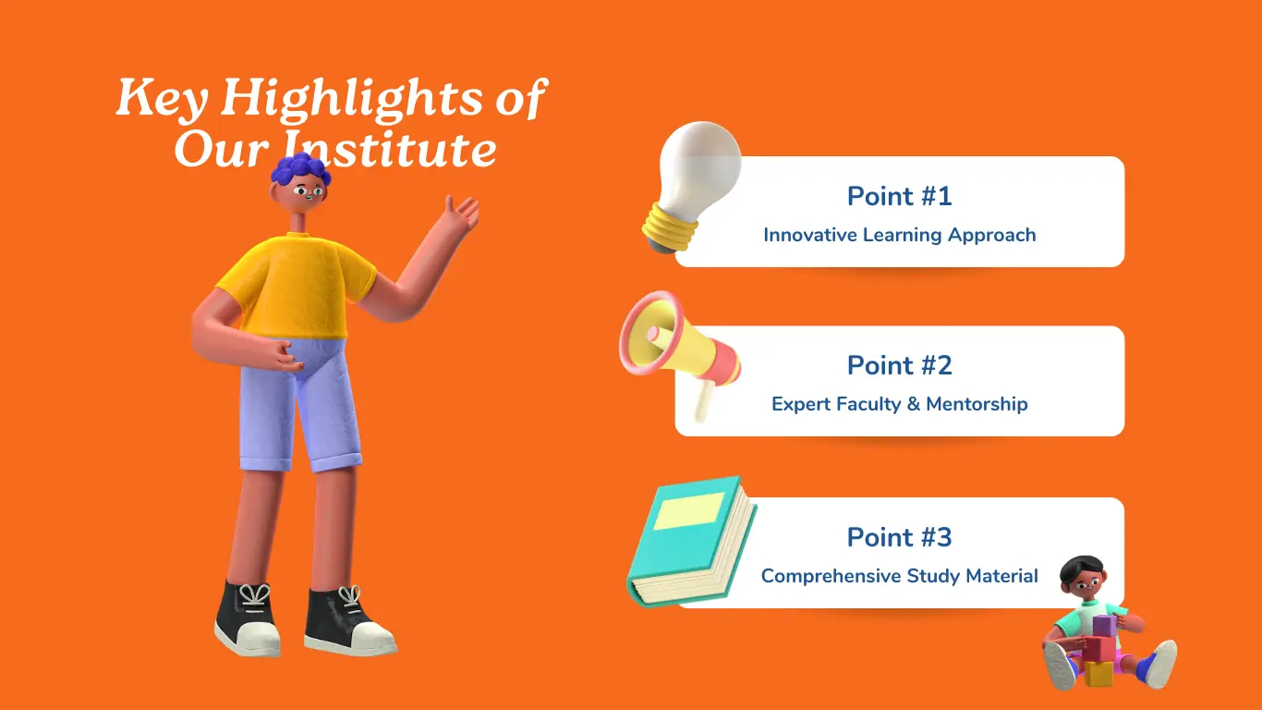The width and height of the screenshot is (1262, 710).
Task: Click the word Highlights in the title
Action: [352, 99]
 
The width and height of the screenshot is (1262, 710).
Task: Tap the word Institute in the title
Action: [389, 148]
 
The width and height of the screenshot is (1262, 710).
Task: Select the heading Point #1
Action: [899, 196]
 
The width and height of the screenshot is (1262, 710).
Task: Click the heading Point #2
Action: [899, 365]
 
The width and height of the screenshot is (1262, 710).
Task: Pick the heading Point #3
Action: [899, 537]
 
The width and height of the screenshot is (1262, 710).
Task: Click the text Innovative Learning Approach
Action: [899, 235]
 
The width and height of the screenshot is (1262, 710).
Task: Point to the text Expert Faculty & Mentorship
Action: [899, 404]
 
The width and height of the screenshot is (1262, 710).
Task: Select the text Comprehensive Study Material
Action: [899, 576]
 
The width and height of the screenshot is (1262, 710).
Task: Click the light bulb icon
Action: [692, 186]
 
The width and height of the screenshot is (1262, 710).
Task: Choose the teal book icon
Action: [691, 543]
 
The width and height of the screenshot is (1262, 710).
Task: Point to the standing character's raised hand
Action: [461, 214]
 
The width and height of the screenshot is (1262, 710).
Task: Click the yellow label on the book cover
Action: [688, 511]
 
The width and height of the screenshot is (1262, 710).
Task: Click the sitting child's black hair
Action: [1081, 569]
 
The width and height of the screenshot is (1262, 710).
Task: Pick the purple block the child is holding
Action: [1104, 625]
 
